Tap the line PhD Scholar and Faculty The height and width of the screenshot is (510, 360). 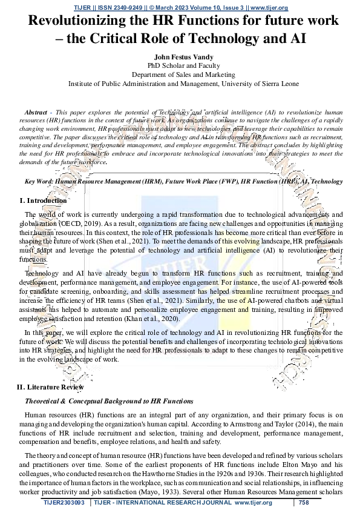(180, 65)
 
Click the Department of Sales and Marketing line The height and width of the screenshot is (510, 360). (180, 75)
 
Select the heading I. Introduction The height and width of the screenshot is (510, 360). (43, 200)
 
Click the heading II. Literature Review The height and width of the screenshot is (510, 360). (50, 386)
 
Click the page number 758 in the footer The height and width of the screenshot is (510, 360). (304, 502)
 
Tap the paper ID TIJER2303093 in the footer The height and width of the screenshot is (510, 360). (64, 502)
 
